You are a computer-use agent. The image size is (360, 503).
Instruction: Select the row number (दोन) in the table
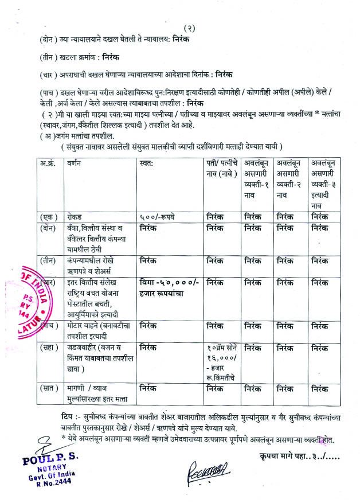[50, 228]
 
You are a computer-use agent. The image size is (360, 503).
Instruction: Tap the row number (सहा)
[50, 347]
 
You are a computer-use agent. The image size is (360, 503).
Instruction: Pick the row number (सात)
[50, 389]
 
